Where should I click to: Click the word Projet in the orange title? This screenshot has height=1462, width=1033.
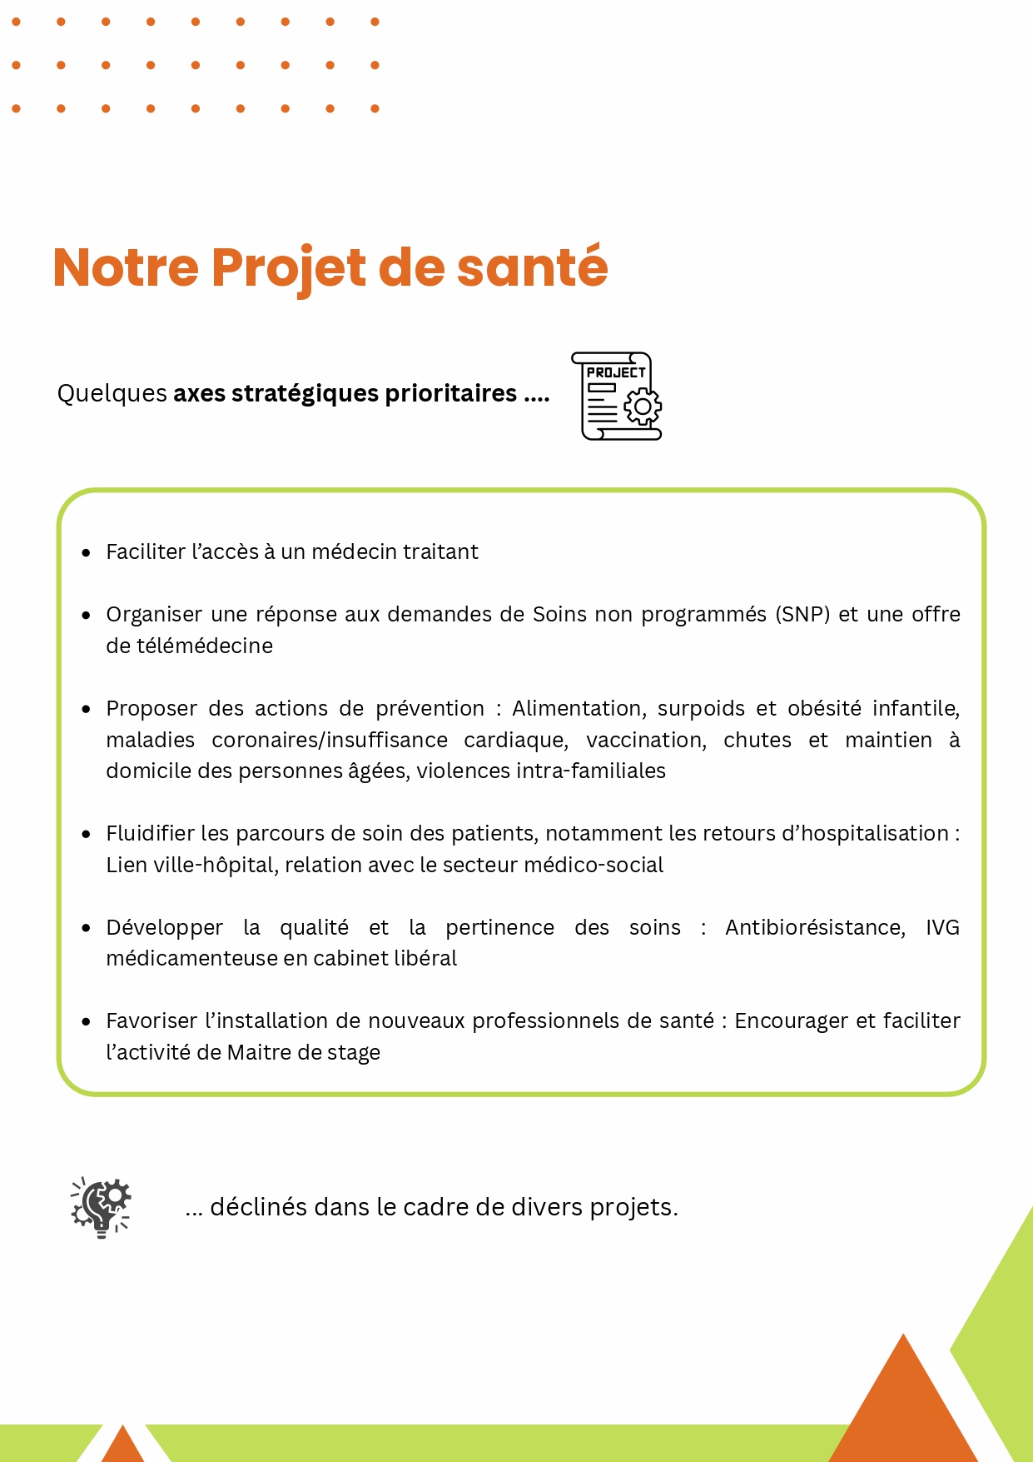[x=288, y=268]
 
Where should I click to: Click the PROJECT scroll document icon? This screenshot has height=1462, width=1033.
[x=616, y=397]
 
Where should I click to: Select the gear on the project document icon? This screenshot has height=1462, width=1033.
[x=643, y=407]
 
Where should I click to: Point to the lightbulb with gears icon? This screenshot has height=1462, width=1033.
[x=102, y=1207]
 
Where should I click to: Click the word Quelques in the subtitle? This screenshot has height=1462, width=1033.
[x=112, y=393]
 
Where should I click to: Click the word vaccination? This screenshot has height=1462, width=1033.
[x=646, y=741]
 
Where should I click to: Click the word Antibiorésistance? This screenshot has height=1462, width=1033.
[x=815, y=928]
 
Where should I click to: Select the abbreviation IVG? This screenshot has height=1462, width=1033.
[x=942, y=928]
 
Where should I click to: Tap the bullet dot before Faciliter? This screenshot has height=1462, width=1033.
[x=86, y=552]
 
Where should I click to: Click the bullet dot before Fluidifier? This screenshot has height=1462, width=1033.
[x=86, y=834]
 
